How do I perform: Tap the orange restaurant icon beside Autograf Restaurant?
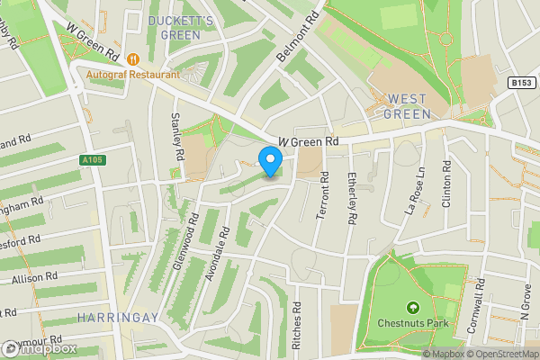click(133, 58)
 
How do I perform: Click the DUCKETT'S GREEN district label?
click(180, 27)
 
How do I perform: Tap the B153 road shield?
click(519, 82)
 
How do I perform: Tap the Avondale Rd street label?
click(218, 253)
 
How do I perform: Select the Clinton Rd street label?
click(446, 185)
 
